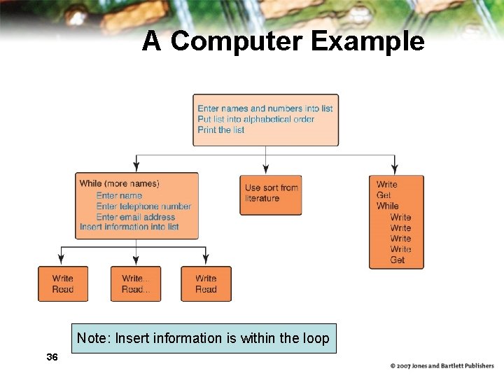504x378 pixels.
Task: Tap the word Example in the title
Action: [x=367, y=41]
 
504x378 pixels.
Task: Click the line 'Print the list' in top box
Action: [x=221, y=129]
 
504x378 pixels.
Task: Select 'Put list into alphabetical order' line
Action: [x=255, y=119]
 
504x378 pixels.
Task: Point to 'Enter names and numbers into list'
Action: [x=265, y=108]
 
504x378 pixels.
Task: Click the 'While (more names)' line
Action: [x=120, y=183]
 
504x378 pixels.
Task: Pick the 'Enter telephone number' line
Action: [x=143, y=206]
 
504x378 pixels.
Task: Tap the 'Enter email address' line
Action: [x=135, y=217]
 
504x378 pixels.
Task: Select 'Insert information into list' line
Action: [x=129, y=227]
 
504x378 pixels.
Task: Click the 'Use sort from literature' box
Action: [x=271, y=194]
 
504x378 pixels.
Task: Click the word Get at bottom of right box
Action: [x=398, y=260]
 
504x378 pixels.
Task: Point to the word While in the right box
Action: [x=387, y=206]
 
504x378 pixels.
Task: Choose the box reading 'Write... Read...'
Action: [x=136, y=283]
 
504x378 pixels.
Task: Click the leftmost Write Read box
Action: [x=63, y=283]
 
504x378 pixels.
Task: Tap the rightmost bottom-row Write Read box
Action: [x=206, y=283]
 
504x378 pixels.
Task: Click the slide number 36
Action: [x=51, y=357]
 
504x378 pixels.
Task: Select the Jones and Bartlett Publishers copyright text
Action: [x=442, y=365]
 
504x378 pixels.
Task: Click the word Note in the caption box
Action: [x=92, y=338]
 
